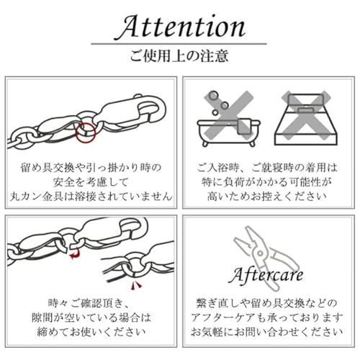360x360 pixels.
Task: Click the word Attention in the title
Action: pyautogui.click(x=180, y=27)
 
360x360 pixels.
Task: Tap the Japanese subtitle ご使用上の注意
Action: pyautogui.click(x=180, y=56)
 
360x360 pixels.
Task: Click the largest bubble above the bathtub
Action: pyautogui.click(x=211, y=96)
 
